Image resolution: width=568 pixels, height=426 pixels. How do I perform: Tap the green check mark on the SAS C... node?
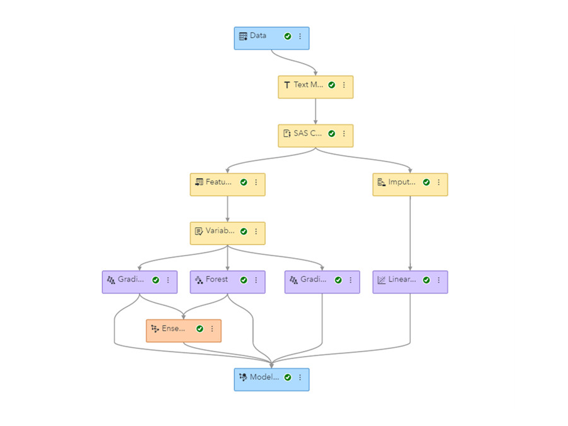pyautogui.click(x=331, y=134)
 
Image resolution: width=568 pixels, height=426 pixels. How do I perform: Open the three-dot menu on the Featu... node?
pyautogui.click(x=256, y=182)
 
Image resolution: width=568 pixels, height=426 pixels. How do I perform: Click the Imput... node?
pyautogui.click(x=401, y=183)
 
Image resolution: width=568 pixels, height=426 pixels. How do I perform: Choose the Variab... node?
pyautogui.click(x=219, y=232)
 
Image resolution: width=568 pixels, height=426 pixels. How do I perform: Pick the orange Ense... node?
pyautogui.click(x=174, y=329)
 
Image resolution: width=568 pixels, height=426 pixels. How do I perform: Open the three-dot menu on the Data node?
pyautogui.click(x=300, y=37)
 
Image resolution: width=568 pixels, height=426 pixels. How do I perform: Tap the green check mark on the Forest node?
pyautogui.click(x=244, y=280)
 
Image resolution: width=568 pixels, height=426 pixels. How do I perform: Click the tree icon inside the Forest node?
pyautogui.click(x=198, y=280)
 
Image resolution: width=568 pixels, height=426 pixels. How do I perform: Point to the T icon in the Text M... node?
pyautogui.click(x=287, y=85)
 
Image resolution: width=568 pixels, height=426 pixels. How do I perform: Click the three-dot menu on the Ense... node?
pyautogui.click(x=212, y=329)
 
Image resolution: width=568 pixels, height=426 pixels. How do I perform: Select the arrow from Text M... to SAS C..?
pyautogui.click(x=316, y=111)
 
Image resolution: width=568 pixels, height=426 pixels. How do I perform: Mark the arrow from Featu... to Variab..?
pyautogui.click(x=228, y=208)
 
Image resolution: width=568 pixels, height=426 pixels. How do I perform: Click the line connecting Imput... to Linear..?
pyautogui.click(x=410, y=234)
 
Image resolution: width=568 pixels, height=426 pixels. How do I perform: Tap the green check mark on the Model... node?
pyautogui.click(x=288, y=377)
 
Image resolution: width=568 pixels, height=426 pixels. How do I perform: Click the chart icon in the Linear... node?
pyautogui.click(x=381, y=280)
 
